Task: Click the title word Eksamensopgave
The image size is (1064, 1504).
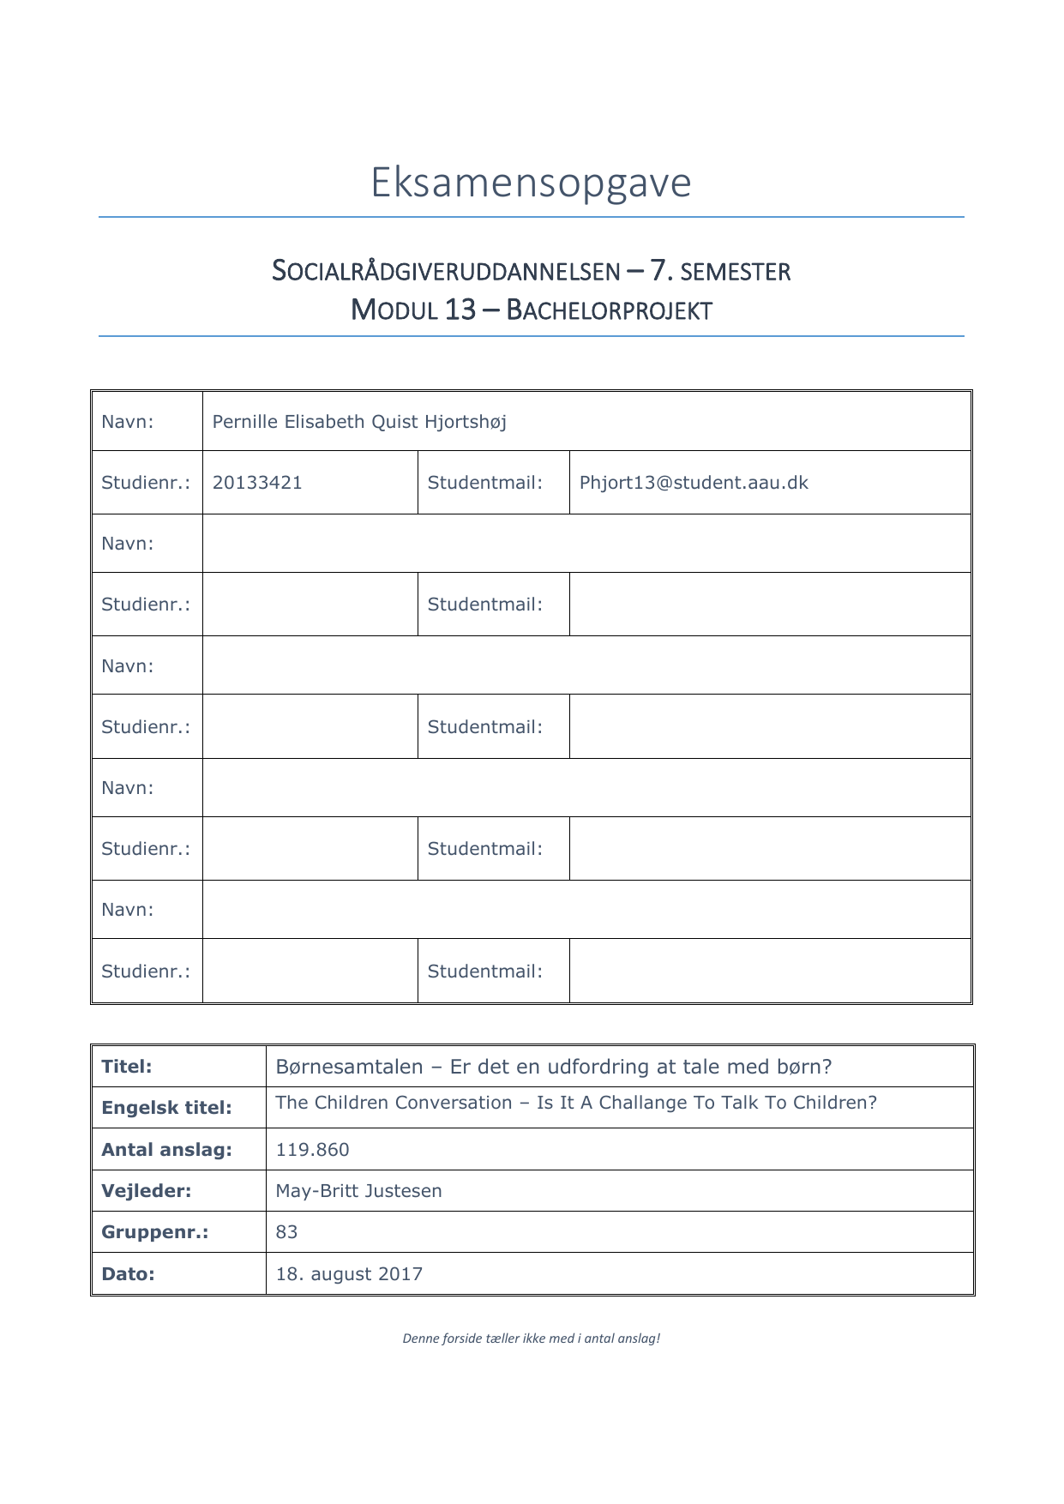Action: click(x=531, y=183)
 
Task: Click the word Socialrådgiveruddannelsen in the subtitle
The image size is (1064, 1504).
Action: click(x=446, y=272)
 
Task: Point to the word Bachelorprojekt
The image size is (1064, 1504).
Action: click(x=609, y=310)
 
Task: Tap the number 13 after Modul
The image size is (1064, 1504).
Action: click(x=460, y=310)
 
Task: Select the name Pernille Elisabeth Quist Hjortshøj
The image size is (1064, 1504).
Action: click(x=359, y=422)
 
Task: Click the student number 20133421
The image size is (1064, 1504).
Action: click(x=257, y=483)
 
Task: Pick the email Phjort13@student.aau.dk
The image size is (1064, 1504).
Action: click(x=694, y=483)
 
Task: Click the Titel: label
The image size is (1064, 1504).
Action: click(x=127, y=1067)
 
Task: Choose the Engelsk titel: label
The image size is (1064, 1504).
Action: click(x=166, y=1108)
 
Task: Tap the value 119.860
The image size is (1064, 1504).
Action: click(x=312, y=1150)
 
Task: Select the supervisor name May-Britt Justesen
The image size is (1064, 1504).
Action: click(x=358, y=1191)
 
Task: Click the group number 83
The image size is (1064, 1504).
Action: click(x=286, y=1232)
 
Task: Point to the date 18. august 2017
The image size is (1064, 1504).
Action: click(x=349, y=1274)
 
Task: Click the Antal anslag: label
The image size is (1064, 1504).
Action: click(x=166, y=1150)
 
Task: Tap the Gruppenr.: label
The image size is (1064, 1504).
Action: click(x=154, y=1232)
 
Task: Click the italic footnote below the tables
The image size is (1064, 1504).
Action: click(x=532, y=1339)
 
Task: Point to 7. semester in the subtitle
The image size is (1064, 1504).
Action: click(x=720, y=272)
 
